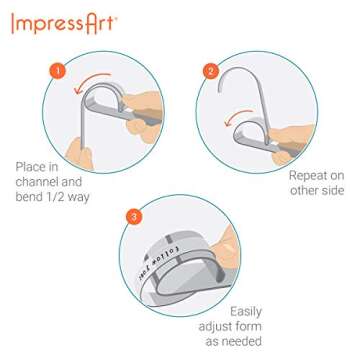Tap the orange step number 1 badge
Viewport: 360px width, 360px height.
click(x=58, y=72)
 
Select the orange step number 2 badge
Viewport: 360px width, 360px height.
click(x=210, y=71)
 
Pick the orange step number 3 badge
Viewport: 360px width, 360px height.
click(x=133, y=215)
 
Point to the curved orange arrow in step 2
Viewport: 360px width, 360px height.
click(x=238, y=127)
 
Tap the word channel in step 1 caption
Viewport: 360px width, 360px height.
click(x=41, y=183)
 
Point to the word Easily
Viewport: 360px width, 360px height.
click(x=246, y=312)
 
